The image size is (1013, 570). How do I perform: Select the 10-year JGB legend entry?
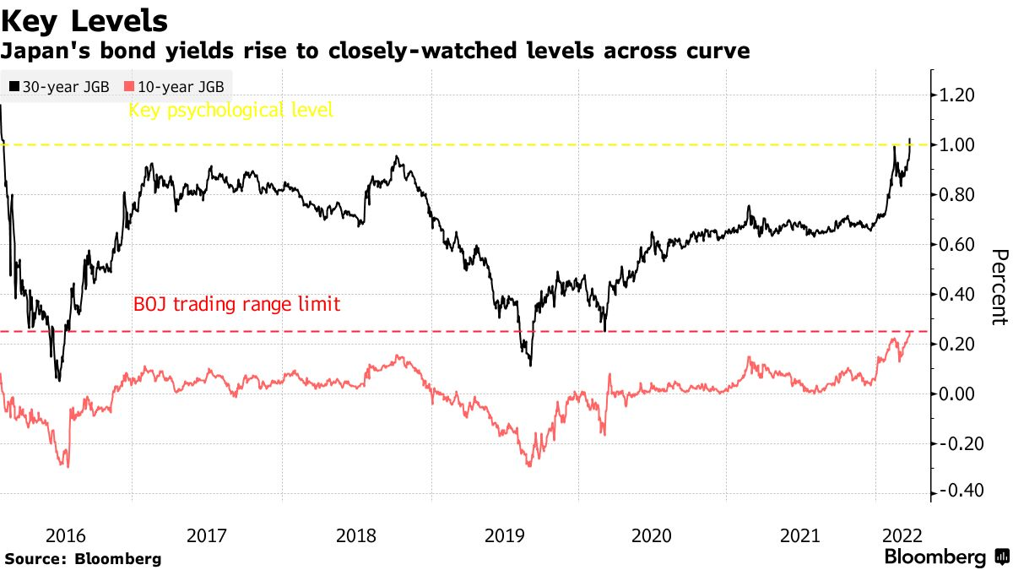tap(178, 86)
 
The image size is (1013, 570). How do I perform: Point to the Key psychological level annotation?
tap(230, 110)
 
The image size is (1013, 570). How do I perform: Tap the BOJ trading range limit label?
tap(237, 304)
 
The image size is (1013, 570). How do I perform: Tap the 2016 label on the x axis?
tap(66, 536)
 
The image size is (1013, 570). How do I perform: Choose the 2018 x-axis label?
tap(356, 536)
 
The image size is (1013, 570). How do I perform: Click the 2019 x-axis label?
tap(505, 536)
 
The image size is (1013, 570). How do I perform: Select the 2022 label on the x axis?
tap(902, 536)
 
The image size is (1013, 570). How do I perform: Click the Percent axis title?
tap(999, 287)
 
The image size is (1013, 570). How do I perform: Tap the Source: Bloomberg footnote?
tap(83, 558)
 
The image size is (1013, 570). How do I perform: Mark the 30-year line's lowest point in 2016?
tap(58, 380)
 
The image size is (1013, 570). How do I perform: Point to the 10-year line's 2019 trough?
tap(530, 465)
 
